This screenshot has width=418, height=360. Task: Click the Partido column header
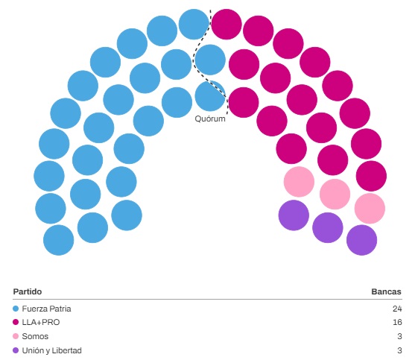[x=28, y=291]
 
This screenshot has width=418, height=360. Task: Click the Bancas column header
[x=386, y=291]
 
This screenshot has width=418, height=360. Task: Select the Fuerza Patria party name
[x=46, y=309]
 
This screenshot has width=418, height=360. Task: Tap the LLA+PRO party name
[x=41, y=323]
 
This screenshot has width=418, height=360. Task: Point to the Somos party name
[x=35, y=336]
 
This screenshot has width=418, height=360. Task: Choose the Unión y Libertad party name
[x=51, y=350]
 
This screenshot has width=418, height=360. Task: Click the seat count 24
[x=397, y=309]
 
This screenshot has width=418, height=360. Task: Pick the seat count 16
[x=397, y=323]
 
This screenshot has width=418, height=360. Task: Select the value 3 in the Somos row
[x=399, y=336]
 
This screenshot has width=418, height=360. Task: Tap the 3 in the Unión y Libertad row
[x=399, y=350]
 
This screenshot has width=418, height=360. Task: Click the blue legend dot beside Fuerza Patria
[x=16, y=309]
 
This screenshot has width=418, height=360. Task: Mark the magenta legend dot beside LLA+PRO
[x=16, y=323]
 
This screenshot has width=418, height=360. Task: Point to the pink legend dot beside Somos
[x=16, y=336]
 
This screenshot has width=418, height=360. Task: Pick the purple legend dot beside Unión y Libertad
[x=16, y=350]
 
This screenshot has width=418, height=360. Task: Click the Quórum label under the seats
[x=210, y=119]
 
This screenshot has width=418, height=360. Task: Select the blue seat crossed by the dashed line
[x=210, y=96]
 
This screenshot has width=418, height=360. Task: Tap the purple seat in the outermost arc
[x=362, y=240]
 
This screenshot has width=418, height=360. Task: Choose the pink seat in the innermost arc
[x=299, y=182]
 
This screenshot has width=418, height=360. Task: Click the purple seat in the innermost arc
[x=294, y=215]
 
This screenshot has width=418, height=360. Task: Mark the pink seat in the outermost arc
[x=370, y=209]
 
